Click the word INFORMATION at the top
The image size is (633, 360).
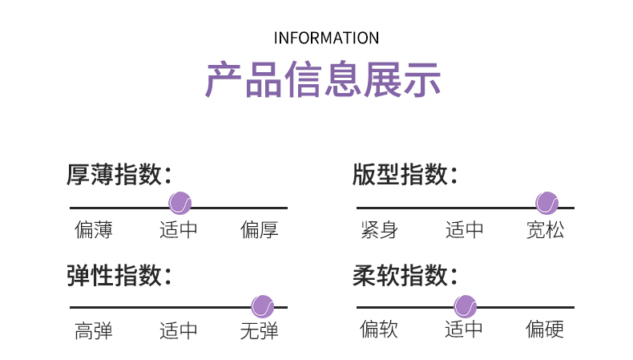tap(326, 38)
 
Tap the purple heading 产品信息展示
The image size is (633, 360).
tap(323, 79)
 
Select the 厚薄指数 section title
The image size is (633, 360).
tap(119, 175)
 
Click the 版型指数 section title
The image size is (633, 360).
tap(405, 175)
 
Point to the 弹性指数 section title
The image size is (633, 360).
tap(119, 276)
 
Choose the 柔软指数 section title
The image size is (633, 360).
tap(405, 276)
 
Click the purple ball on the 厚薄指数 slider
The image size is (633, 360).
tap(180, 203)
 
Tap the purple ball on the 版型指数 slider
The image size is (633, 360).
tap(547, 203)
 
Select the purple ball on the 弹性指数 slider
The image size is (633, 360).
tap(262, 306)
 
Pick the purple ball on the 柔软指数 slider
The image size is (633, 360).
tap(465, 306)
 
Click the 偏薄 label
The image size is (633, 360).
tap(94, 230)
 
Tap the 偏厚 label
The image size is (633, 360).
tap(259, 230)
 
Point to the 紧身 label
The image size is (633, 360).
tap(380, 230)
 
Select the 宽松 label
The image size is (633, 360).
tap(545, 230)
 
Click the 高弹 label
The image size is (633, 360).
tap(94, 331)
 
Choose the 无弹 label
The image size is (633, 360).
tap(259, 331)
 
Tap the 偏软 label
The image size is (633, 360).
tap(379, 329)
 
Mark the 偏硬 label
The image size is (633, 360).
tap(545, 329)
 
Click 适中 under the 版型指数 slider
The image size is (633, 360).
tap(464, 230)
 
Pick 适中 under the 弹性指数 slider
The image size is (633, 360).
tap(179, 331)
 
